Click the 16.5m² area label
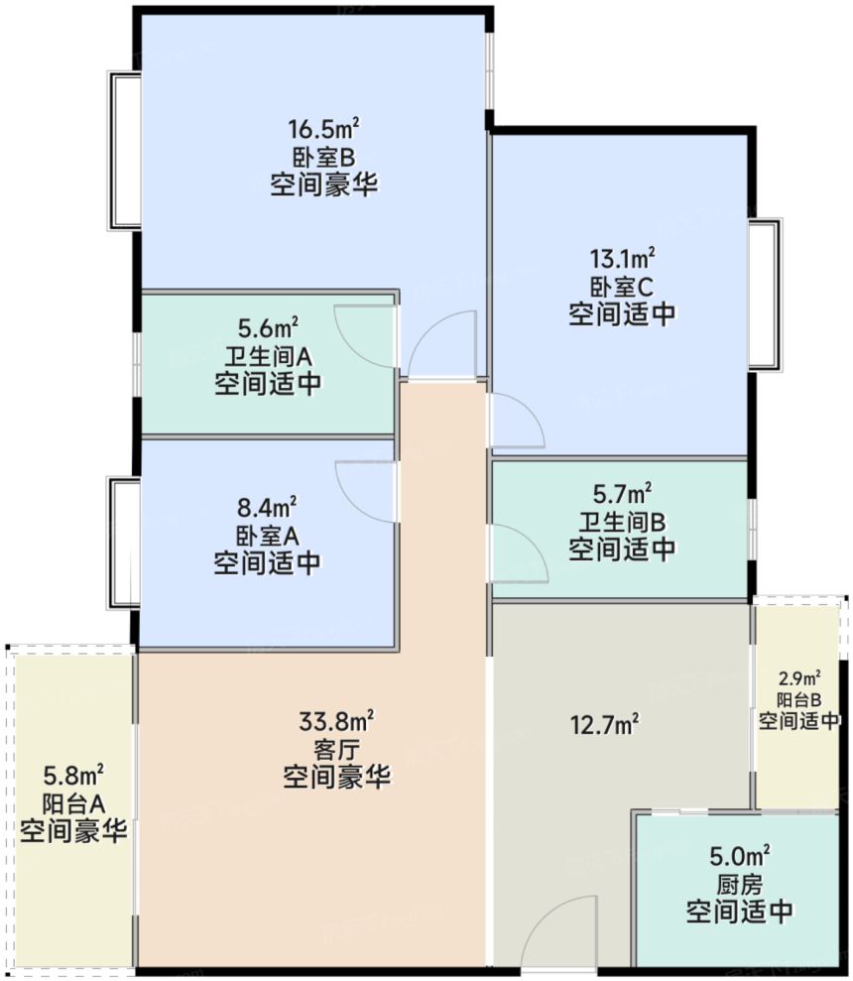click(x=323, y=130)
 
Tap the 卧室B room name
click(x=323, y=157)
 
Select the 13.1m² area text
click(x=622, y=261)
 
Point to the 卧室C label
click(x=622, y=288)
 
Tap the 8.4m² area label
click(x=268, y=509)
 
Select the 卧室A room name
click(x=268, y=536)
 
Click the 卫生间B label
click(x=622, y=520)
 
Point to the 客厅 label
click(x=336, y=747)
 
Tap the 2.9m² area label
click(x=798, y=679)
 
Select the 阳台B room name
click(x=798, y=700)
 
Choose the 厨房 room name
click(x=739, y=883)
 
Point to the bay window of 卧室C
click(x=765, y=295)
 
